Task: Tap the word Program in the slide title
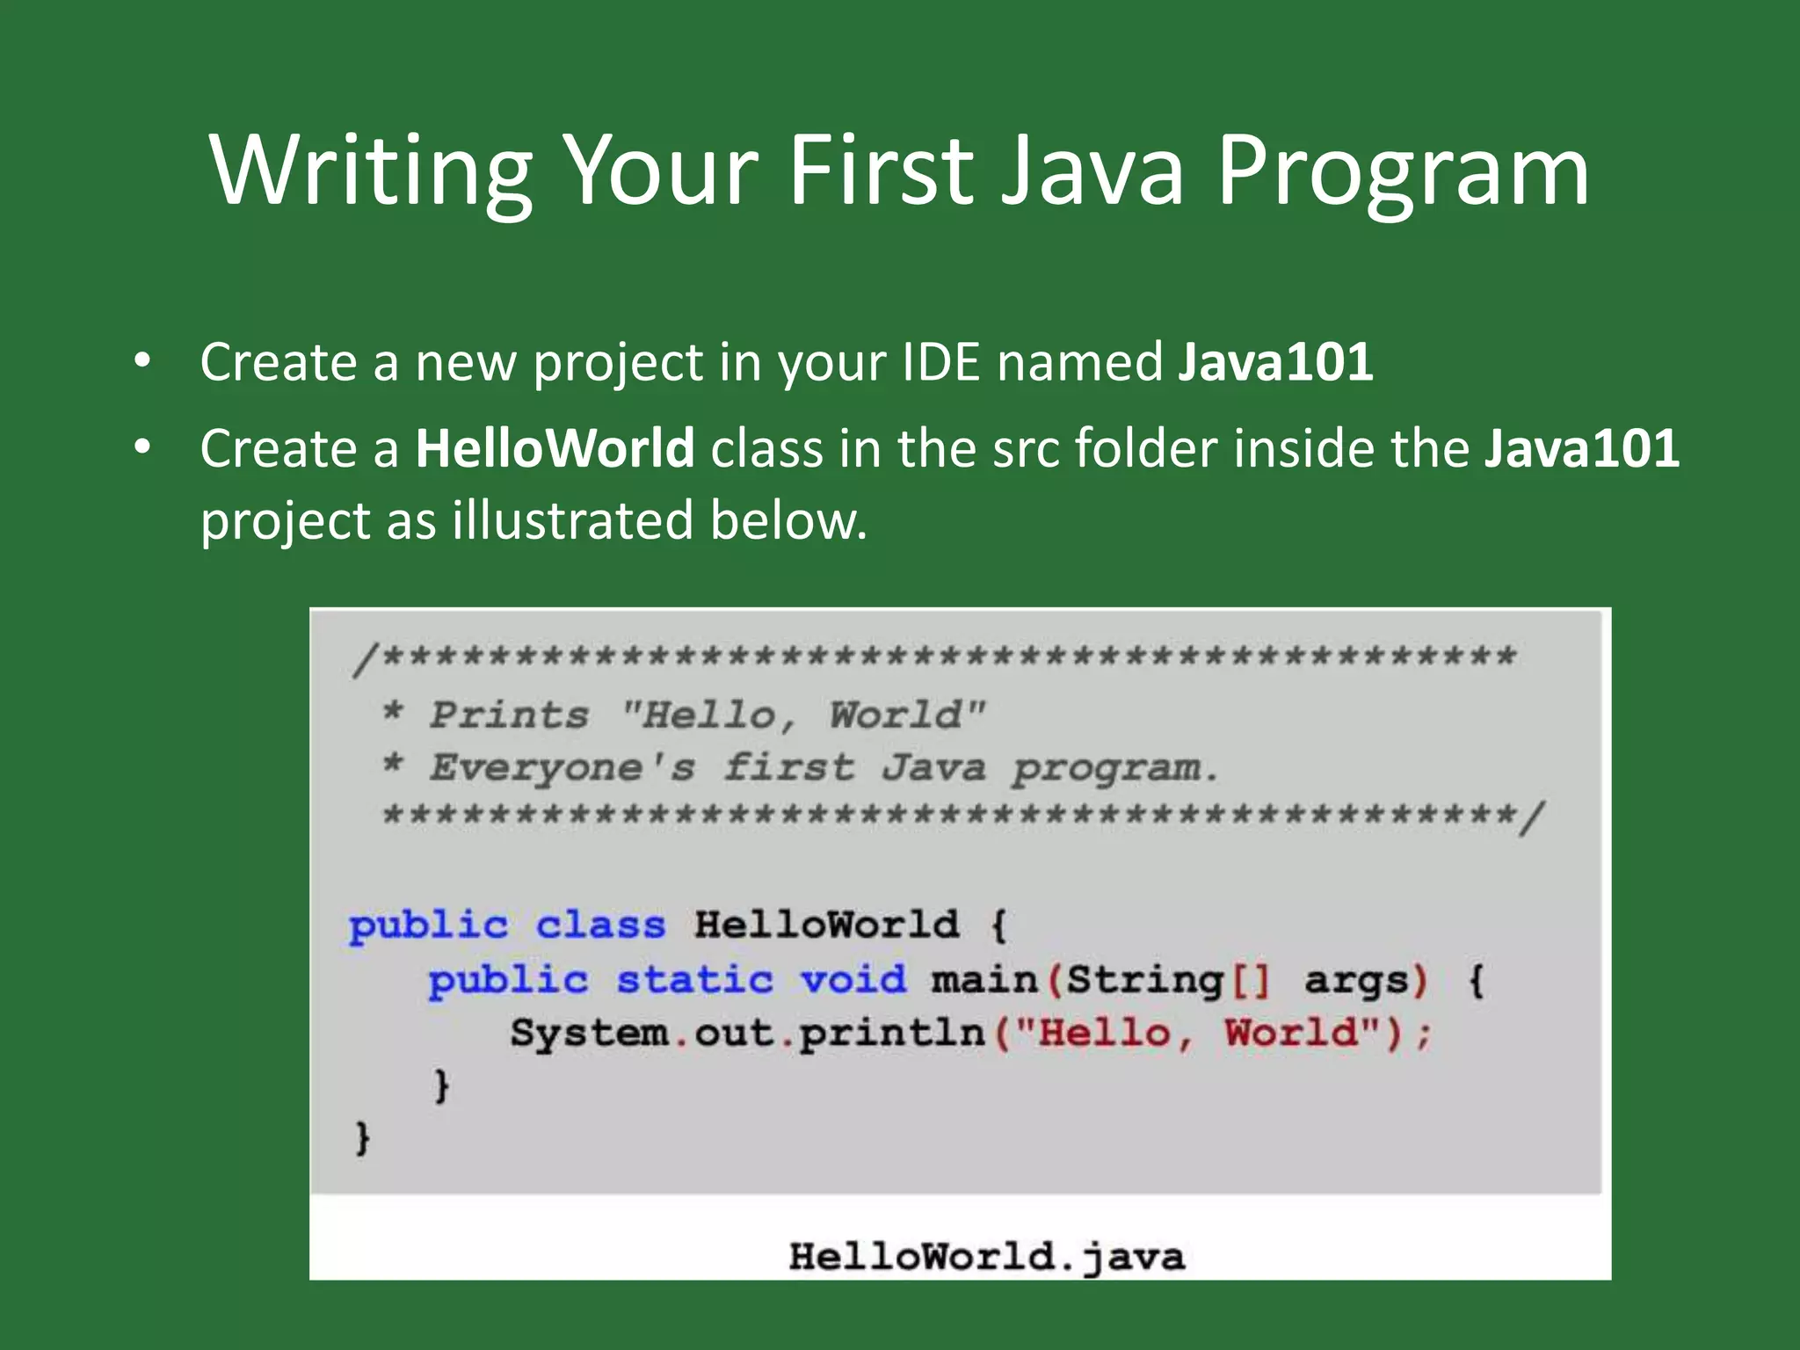pyautogui.click(x=1403, y=171)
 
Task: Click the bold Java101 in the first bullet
pyautogui.click(x=1275, y=361)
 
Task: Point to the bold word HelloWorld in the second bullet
pyautogui.click(x=555, y=448)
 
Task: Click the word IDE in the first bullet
pyautogui.click(x=941, y=361)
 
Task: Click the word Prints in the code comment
pyautogui.click(x=509, y=715)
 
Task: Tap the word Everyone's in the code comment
pyautogui.click(x=562, y=768)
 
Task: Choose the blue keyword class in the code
pyautogui.click(x=600, y=925)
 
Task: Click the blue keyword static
pyautogui.click(x=694, y=980)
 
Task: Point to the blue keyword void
pyautogui.click(x=853, y=980)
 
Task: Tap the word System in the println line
pyautogui.click(x=589, y=1034)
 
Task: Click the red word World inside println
pyautogui.click(x=1291, y=1034)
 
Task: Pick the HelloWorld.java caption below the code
pyautogui.click(x=986, y=1257)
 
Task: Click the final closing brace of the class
pyautogui.click(x=362, y=1138)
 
